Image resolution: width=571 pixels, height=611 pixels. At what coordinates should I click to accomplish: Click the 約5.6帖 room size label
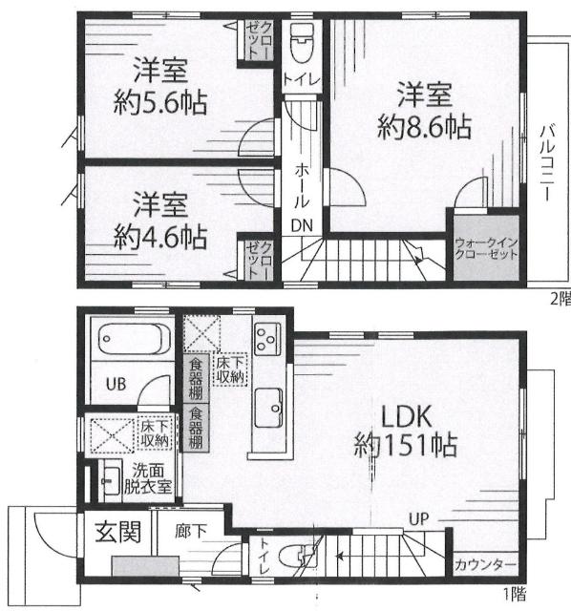point(159,101)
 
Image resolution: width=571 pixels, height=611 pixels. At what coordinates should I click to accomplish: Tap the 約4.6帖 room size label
point(159,233)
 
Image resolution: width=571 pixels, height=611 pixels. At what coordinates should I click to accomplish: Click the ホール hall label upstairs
point(302,180)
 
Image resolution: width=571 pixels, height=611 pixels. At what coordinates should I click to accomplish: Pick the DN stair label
point(301,225)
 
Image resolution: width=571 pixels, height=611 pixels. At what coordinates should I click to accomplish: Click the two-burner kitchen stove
point(265,339)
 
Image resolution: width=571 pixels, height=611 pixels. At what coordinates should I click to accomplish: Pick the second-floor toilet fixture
point(300,42)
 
